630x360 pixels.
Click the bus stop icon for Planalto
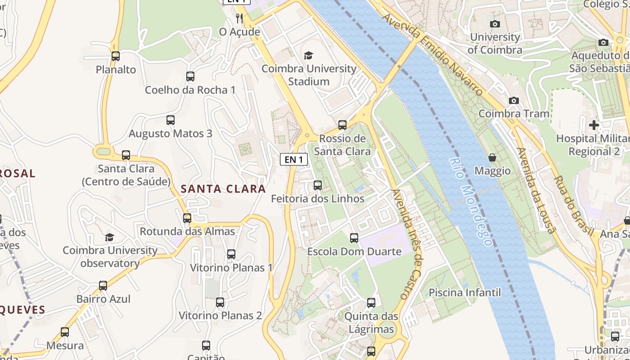tap(116, 56)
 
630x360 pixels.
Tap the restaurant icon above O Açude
tap(239, 18)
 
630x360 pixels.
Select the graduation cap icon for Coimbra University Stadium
tap(308, 55)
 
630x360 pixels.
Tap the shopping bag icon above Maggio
tap(492, 158)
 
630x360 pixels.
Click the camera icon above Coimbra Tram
tap(513, 100)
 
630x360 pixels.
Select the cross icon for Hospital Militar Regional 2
tap(594, 125)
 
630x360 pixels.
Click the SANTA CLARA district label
tap(223, 189)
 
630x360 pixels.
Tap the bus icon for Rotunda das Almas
tap(187, 218)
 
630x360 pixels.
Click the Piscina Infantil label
tap(464, 292)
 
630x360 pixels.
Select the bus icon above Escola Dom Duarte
tap(354, 238)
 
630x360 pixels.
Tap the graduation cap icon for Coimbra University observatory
tap(109, 237)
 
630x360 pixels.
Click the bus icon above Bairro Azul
tap(103, 286)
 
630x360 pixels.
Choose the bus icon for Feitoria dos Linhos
tap(318, 185)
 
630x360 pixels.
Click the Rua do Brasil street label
tap(573, 205)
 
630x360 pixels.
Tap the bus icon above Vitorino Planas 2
tap(220, 302)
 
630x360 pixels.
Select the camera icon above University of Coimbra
tap(495, 24)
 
